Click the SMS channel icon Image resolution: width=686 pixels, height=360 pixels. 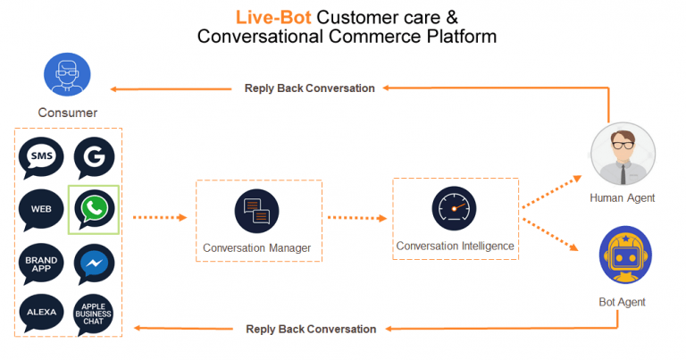(x=41, y=158)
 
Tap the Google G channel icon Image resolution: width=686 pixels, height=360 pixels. (x=94, y=158)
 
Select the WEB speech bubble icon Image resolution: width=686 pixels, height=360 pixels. (x=41, y=209)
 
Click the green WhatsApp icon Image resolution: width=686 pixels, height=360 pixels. (x=94, y=209)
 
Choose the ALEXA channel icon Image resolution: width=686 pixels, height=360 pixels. (x=41, y=313)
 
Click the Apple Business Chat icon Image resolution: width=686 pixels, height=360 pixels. (x=94, y=314)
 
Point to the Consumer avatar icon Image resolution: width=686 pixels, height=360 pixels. (x=67, y=78)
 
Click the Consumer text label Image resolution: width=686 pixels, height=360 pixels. (x=67, y=113)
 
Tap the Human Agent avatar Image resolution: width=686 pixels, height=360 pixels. (x=622, y=157)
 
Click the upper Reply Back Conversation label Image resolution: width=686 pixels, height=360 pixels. (x=310, y=88)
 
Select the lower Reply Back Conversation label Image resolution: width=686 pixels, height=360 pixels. (x=310, y=329)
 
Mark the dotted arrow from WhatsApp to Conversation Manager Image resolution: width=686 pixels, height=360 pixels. (x=158, y=217)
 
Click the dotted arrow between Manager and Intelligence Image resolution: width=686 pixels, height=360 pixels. (x=356, y=217)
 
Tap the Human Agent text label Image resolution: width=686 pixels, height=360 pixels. (x=623, y=198)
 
